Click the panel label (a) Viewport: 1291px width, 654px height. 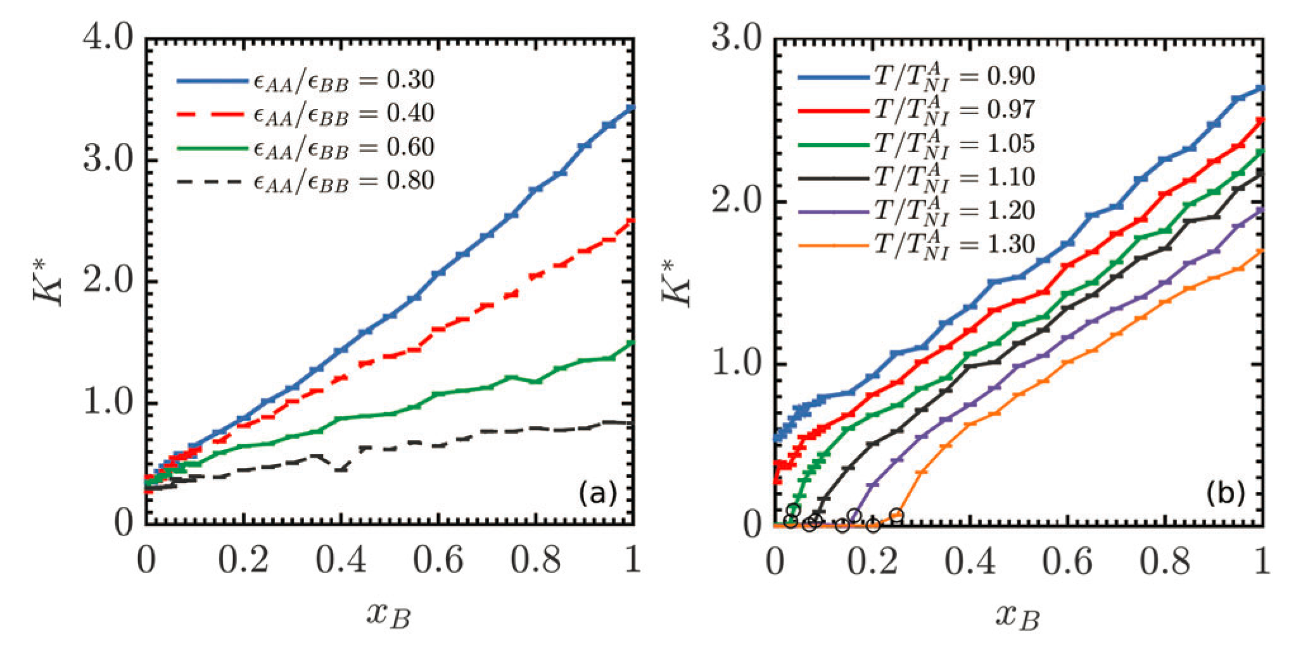[x=597, y=493]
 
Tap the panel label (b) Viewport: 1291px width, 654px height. [x=1226, y=493]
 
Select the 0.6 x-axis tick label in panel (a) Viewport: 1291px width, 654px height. [x=438, y=560]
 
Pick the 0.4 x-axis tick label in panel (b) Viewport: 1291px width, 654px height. [x=970, y=560]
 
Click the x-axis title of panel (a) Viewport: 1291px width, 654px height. [x=388, y=614]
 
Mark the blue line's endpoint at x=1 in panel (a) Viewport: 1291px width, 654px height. [x=632, y=108]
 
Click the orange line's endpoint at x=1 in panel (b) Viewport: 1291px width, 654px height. [x=1261, y=251]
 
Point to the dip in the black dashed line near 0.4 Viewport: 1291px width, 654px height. [x=341, y=469]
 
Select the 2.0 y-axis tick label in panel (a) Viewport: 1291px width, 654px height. [x=108, y=282]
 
